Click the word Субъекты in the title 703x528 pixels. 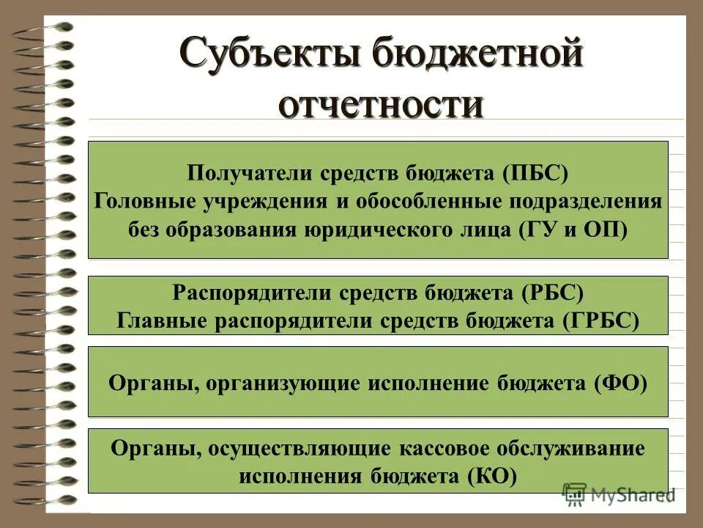(x=274, y=55)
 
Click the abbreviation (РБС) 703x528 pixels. (x=552, y=293)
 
